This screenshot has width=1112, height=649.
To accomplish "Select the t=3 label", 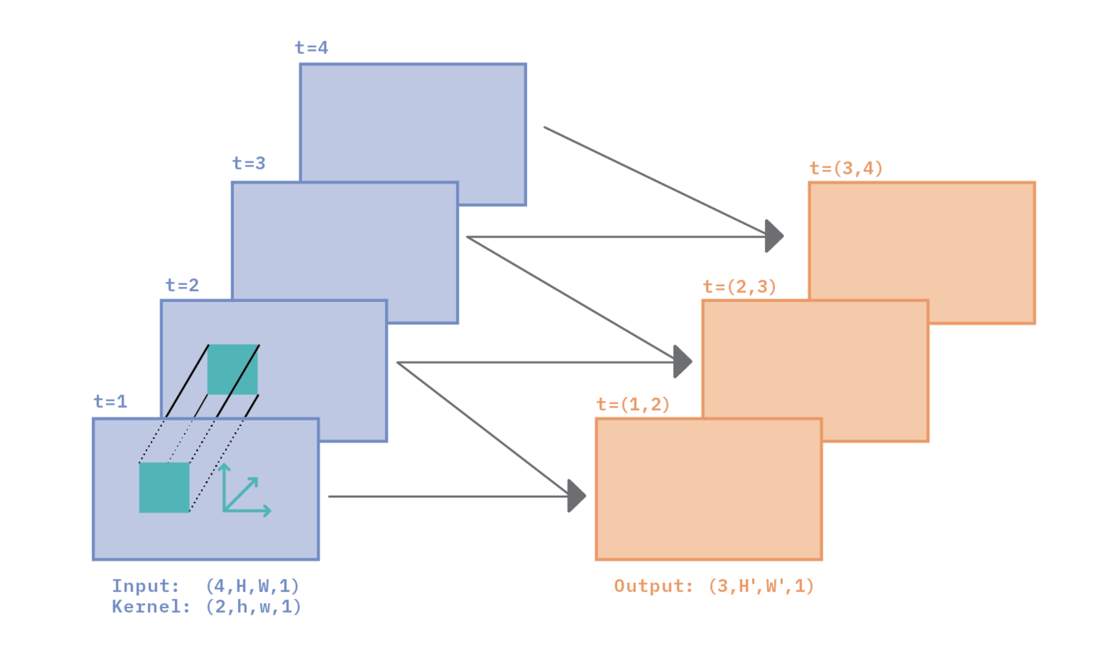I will [249, 163].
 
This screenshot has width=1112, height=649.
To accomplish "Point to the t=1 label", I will [110, 401].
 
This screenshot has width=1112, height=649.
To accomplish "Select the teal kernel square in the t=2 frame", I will [232, 369].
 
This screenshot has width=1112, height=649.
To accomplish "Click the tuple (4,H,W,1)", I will [252, 586].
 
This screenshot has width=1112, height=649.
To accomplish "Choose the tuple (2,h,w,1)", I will [253, 607].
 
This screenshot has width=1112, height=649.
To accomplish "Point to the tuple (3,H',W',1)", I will [761, 586].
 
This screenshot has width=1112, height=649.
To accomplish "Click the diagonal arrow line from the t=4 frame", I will [653, 180].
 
